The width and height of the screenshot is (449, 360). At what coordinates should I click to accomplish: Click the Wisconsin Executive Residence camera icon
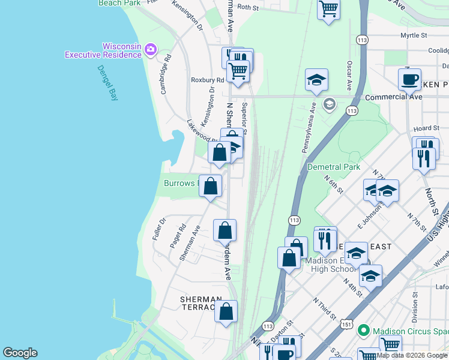pyautogui.click(x=151, y=49)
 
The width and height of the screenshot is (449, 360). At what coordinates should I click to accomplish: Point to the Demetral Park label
pyautogui.click(x=333, y=167)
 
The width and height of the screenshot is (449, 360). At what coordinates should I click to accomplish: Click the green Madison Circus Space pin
pyautogui.click(x=363, y=331)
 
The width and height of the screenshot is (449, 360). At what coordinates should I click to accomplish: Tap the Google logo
pyautogui.click(x=20, y=353)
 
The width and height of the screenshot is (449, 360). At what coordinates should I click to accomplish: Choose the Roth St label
pyautogui.click(x=247, y=8)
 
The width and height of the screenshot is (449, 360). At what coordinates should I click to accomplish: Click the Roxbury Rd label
pyautogui.click(x=207, y=80)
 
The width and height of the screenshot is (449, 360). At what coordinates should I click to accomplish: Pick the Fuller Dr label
pyautogui.click(x=158, y=229)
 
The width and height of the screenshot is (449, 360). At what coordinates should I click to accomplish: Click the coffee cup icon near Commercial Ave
pyautogui.click(x=409, y=79)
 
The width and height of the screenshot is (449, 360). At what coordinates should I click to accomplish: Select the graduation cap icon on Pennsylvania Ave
pyautogui.click(x=316, y=80)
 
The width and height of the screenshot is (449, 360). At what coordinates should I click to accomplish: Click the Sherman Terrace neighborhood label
pyautogui.click(x=201, y=303)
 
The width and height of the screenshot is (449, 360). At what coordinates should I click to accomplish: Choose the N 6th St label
pyautogui.click(x=333, y=184)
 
